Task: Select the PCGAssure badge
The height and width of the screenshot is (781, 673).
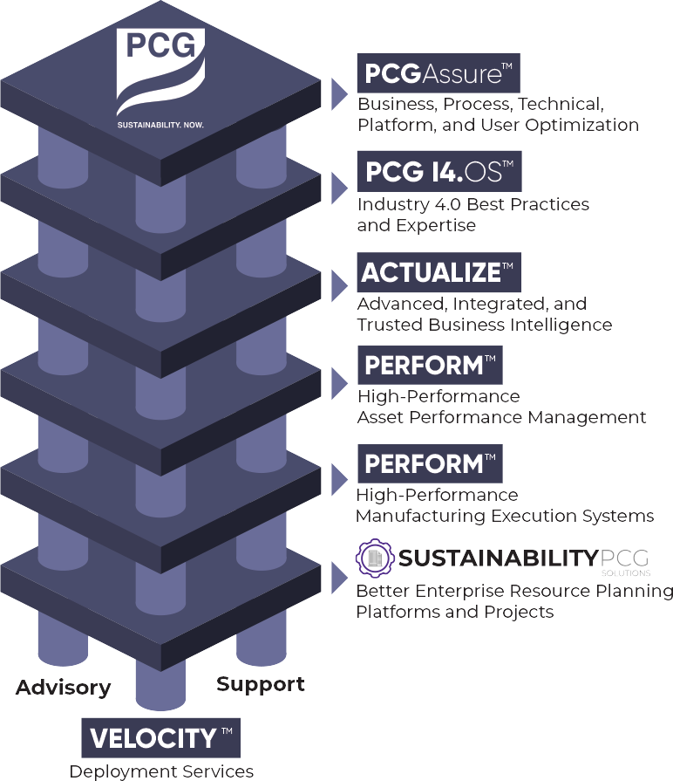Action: click(438, 73)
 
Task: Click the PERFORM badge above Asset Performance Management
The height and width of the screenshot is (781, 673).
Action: click(430, 365)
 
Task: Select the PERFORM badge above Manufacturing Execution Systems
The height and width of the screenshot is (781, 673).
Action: click(430, 463)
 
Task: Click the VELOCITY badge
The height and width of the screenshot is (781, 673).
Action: click(161, 738)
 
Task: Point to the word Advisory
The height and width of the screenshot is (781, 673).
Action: click(64, 688)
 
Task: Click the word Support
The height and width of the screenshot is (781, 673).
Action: click(261, 684)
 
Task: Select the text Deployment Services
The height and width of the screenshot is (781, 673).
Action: click(162, 771)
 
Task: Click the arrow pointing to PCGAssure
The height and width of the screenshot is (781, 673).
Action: click(339, 93)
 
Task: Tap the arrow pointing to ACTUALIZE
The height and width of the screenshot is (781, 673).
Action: click(339, 285)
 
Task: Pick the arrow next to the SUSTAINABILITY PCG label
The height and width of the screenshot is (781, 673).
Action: click(339, 577)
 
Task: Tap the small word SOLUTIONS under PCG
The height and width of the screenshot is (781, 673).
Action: click(625, 574)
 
